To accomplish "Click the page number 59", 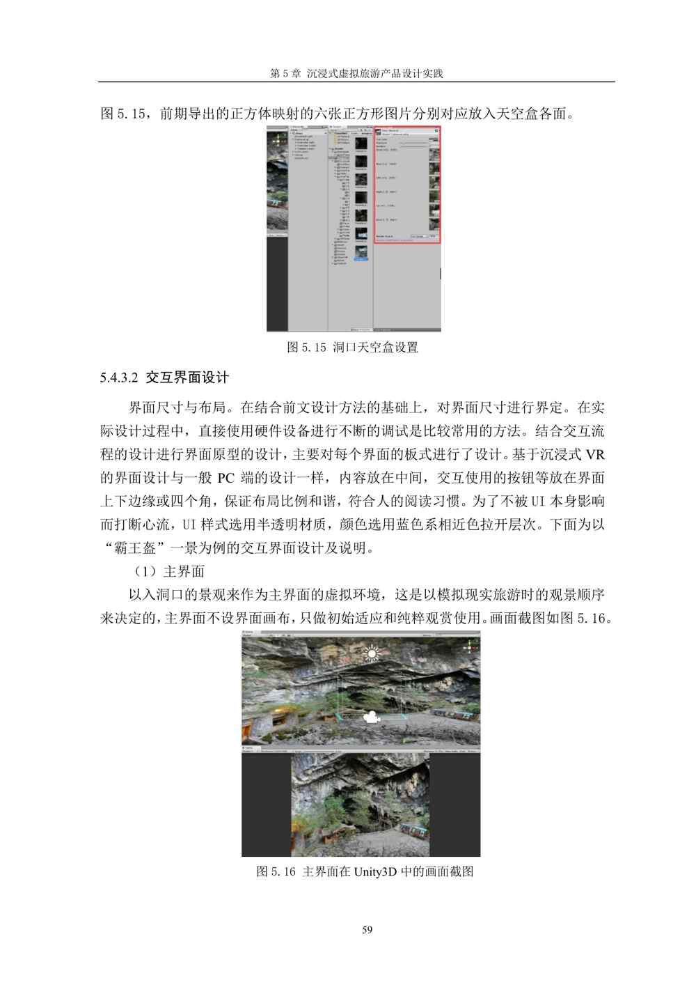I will click(368, 929).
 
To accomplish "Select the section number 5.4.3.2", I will click(120, 378).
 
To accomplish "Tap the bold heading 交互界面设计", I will click(187, 378).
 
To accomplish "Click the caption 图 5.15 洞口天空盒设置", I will click(352, 348).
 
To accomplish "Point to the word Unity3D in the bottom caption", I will click(377, 871).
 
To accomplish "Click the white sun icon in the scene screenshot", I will click(373, 653).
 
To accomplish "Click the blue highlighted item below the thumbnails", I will click(361, 258).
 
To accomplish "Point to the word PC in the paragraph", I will click(227, 478).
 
